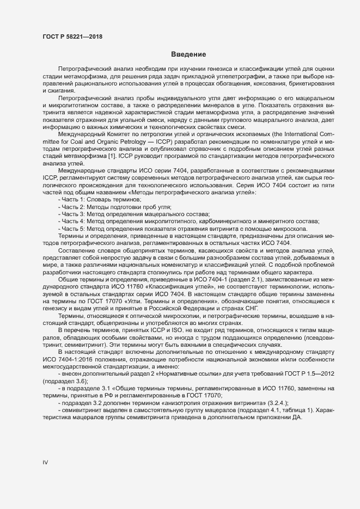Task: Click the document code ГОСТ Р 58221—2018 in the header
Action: [72, 36]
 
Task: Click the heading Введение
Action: [188, 54]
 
